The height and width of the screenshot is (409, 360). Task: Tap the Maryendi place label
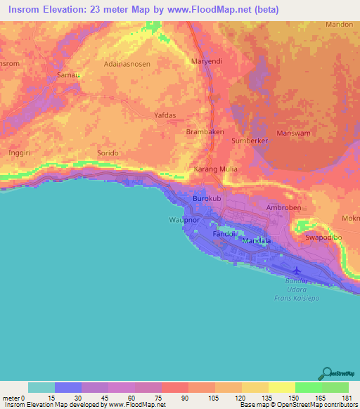[207, 61]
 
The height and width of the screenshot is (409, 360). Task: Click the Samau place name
[67, 74]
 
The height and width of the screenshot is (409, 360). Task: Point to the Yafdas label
[165, 115]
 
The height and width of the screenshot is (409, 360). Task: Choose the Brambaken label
[204, 131]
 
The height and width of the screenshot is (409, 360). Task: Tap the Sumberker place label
[251, 141]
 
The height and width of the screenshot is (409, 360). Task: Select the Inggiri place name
[20, 152]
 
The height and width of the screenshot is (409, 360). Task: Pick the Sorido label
[108, 152]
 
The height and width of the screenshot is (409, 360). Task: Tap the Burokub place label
[207, 200]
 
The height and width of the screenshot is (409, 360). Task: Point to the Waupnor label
[184, 220]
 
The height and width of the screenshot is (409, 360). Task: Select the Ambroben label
[284, 208]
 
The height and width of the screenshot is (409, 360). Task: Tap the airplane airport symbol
[296, 271]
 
